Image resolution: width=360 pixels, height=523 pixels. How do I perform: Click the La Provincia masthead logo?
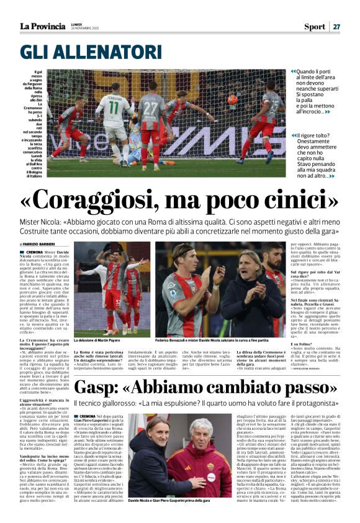[x=42, y=26]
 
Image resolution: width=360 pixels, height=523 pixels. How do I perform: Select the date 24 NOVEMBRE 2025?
[x=84, y=29]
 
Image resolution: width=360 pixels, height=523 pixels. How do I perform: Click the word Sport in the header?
[x=315, y=27]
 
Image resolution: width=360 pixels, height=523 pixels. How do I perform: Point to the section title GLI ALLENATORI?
[x=91, y=52]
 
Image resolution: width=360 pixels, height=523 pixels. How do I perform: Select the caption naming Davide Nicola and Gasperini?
[x=168, y=500]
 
